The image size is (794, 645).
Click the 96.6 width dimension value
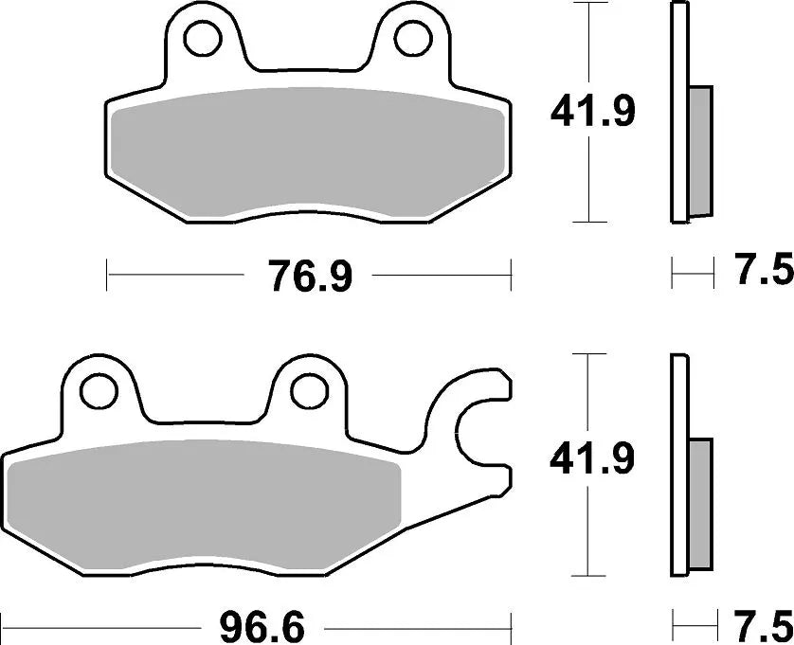pyautogui.click(x=251, y=626)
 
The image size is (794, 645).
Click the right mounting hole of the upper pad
pyautogui.click(x=410, y=38)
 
